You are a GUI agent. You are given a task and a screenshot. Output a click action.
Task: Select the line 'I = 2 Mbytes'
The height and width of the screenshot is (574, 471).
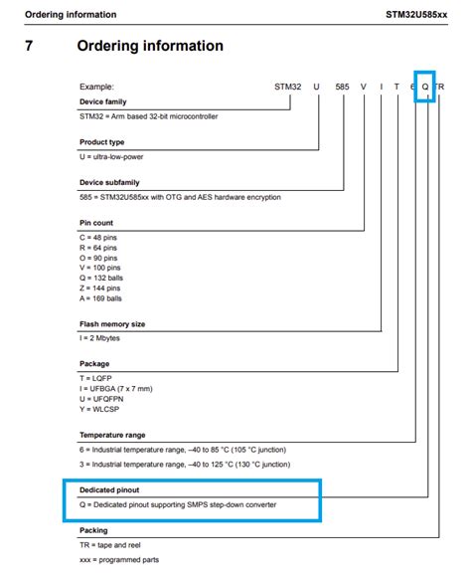click(104, 338)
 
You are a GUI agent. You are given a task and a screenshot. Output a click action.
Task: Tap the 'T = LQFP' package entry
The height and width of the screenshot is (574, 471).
click(99, 378)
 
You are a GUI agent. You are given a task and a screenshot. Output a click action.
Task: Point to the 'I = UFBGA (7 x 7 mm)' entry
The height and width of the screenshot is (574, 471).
click(124, 388)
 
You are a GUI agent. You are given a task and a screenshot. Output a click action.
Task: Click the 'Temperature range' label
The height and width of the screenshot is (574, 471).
click(113, 435)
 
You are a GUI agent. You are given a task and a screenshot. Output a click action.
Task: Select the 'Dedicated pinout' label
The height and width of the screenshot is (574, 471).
click(110, 490)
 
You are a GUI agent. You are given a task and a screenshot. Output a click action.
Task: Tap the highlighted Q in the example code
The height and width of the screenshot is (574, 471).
click(425, 87)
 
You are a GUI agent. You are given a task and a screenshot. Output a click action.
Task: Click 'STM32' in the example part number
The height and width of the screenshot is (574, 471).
click(288, 87)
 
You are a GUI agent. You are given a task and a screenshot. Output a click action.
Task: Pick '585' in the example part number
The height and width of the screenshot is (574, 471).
click(342, 87)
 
